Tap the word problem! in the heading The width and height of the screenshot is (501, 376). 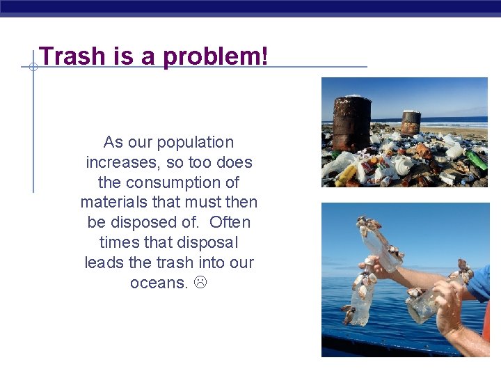215,56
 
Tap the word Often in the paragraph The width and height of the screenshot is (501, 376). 230,223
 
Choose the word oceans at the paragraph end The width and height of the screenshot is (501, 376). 159,283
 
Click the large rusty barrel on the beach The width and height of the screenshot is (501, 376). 351,123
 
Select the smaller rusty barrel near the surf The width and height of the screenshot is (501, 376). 411,122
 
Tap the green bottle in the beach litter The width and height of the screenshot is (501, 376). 477,160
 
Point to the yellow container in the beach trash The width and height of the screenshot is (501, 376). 346,175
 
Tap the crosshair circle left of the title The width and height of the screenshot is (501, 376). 33,67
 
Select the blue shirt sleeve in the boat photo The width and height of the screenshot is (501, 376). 482,282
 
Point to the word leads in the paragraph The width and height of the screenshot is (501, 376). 105,263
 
